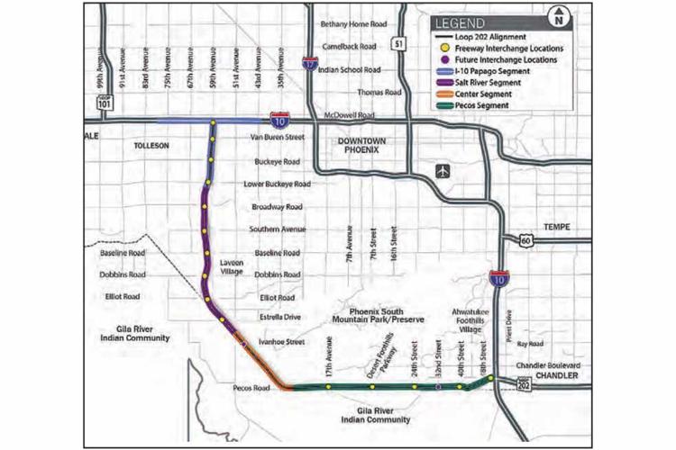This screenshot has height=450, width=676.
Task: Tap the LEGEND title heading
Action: (462, 22)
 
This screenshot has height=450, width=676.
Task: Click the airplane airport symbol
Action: (442, 171)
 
